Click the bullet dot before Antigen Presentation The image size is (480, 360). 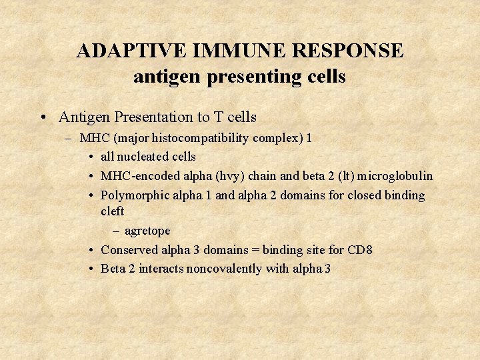point(43,117)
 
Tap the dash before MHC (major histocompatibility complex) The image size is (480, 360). point(69,139)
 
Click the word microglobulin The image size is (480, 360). point(395,176)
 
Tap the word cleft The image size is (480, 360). point(112,211)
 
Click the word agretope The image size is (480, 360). point(147,231)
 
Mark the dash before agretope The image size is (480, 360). point(116,231)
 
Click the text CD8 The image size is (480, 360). point(359,250)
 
